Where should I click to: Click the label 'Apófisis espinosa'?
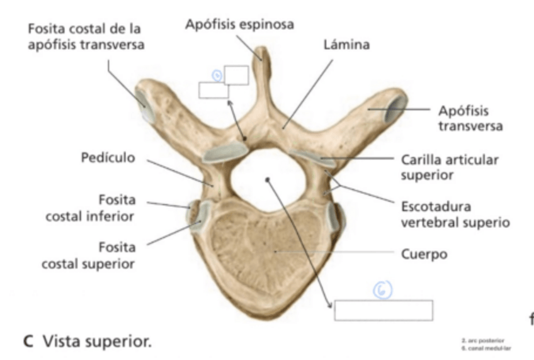point(239,25)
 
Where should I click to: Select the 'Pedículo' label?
point(108,157)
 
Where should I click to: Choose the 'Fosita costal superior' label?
point(88,254)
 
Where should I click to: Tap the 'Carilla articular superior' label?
point(450,167)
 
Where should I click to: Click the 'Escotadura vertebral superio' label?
point(455,214)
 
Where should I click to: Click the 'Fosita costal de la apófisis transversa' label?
point(84,37)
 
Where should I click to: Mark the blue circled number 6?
point(384,289)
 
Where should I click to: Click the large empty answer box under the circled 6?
point(383,310)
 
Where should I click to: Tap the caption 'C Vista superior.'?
point(88,342)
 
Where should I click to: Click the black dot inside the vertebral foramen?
point(268,179)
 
